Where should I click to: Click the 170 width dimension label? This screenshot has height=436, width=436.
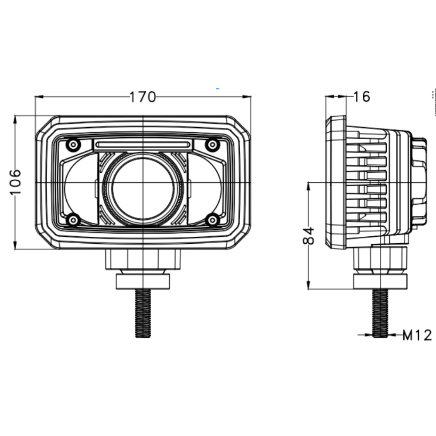click(143, 96)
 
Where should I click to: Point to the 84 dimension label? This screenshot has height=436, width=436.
click(310, 236)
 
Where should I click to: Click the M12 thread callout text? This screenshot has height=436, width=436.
click(417, 335)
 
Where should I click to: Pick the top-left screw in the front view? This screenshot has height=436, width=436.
click(73, 145)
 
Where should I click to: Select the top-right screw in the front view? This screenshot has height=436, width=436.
click(212, 145)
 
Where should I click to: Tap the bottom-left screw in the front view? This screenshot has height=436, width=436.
click(73, 220)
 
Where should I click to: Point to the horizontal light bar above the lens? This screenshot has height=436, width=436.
click(143, 144)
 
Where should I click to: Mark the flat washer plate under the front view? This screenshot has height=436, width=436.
click(143, 282)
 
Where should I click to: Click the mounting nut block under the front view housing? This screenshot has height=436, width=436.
click(143, 259)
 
